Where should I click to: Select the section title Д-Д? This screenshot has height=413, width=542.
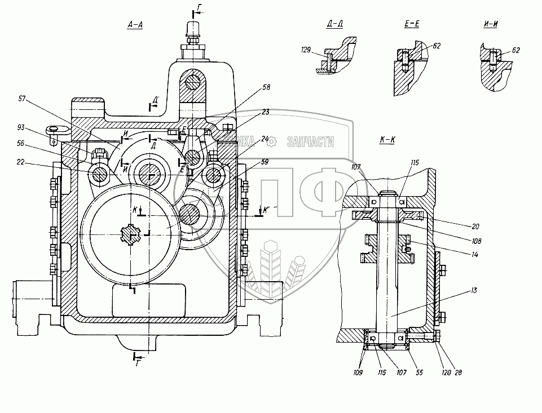coord(335,25)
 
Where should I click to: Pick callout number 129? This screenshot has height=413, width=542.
coord(306,51)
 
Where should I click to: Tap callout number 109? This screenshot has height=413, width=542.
coord(359,373)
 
